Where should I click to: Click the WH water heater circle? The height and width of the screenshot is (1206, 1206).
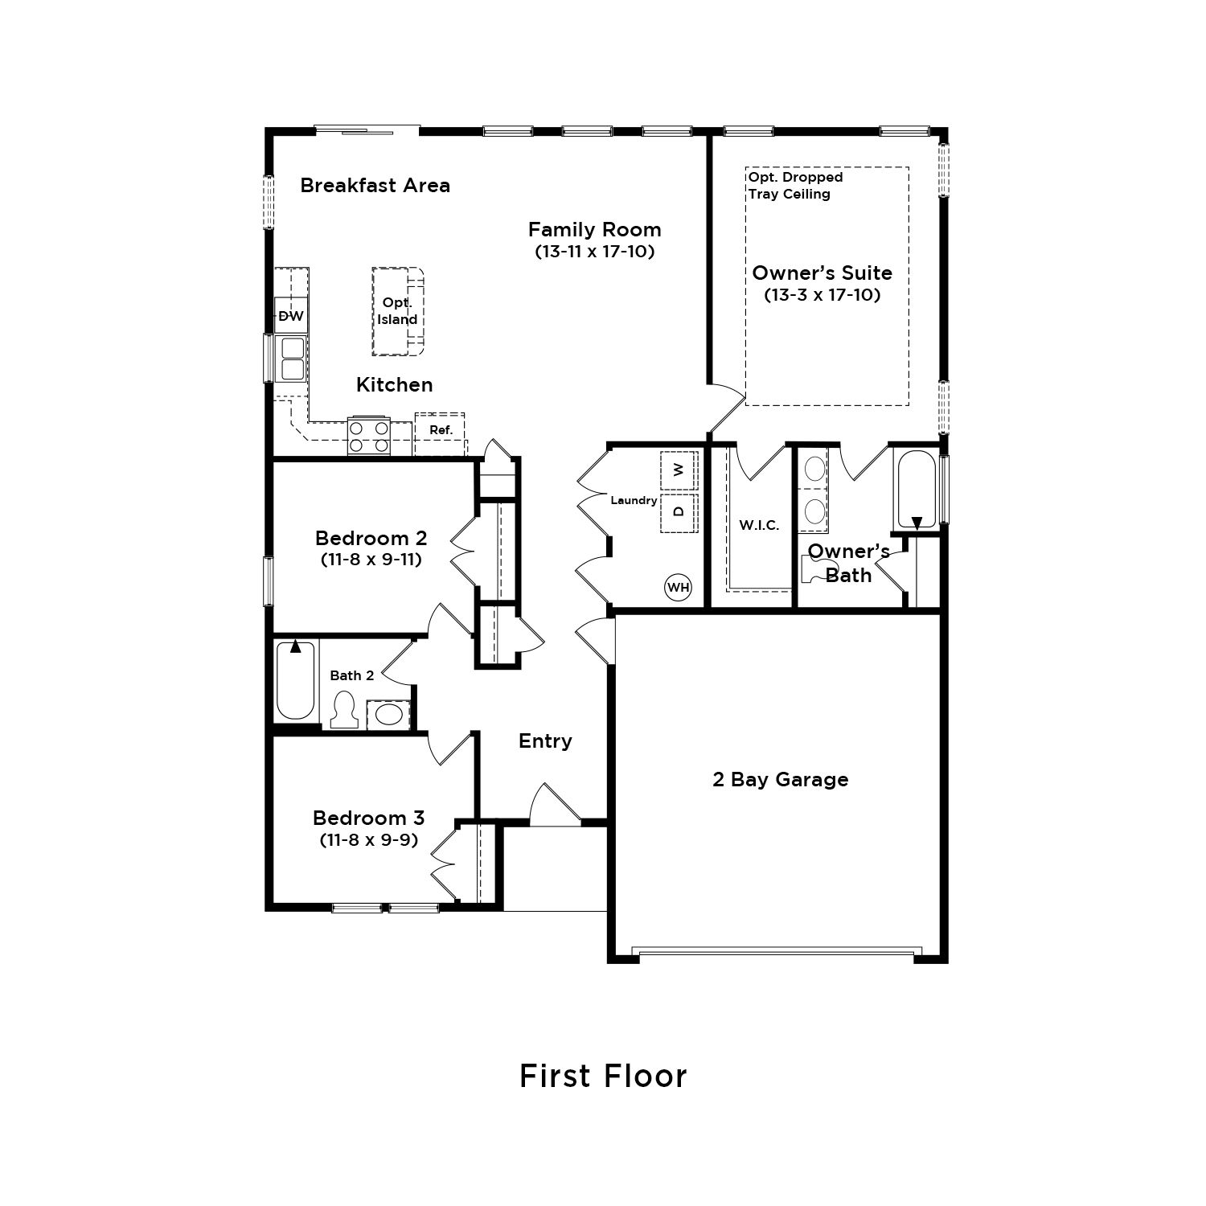point(679,588)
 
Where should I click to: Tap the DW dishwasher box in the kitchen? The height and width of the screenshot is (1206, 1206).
point(291,316)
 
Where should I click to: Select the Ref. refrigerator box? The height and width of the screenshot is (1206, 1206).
point(440,430)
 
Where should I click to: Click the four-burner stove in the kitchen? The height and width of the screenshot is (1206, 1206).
point(369,437)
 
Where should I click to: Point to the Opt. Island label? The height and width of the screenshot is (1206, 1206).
point(398,311)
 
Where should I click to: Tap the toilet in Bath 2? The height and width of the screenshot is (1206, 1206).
point(345,710)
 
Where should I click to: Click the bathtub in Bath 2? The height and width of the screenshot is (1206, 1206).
point(295,680)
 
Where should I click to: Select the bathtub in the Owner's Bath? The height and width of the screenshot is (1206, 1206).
point(917,489)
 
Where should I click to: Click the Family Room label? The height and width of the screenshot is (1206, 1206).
point(595,229)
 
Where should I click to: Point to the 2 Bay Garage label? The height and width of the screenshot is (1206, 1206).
point(781,779)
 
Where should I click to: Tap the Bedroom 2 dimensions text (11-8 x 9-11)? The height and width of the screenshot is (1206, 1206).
point(371,559)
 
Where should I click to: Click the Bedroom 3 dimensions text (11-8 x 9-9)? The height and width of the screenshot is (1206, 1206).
point(368,839)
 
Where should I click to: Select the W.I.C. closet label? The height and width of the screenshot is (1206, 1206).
point(759,526)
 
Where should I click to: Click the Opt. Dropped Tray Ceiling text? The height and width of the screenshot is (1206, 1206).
point(795,186)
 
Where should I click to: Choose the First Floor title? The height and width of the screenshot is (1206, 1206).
point(603,1076)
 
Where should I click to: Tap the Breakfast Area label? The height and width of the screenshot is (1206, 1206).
point(375,185)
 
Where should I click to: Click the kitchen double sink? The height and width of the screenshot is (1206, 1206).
point(291,359)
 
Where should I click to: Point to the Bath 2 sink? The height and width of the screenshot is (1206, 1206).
point(391,714)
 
